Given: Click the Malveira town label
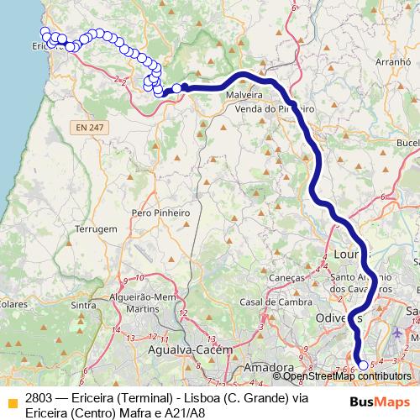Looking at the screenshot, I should click(x=244, y=96).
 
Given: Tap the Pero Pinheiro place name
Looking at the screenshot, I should click(x=160, y=213).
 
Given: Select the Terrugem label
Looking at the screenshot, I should click(x=95, y=228).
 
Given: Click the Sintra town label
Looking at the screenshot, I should click(x=85, y=305).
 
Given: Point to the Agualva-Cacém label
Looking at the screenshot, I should click(x=183, y=349).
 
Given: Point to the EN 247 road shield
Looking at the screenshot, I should click(x=87, y=127).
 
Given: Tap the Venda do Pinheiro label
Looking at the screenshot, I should click(x=275, y=109).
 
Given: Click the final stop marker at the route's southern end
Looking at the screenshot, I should click(x=363, y=365).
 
